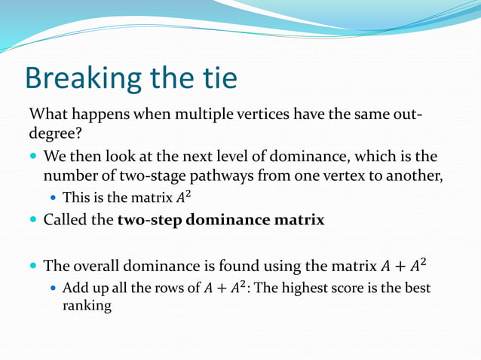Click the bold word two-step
point(149,221)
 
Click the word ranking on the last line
point(86,307)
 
